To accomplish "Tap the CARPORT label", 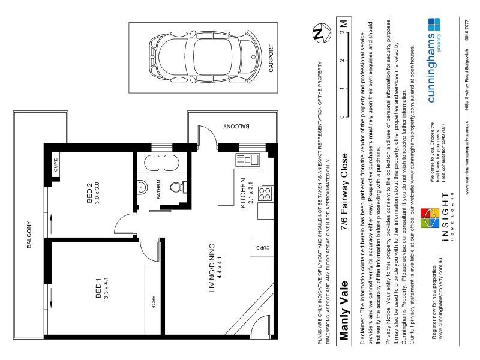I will (x=271, y=59).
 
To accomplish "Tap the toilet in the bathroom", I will (x=177, y=187).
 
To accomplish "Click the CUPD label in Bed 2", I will (x=56, y=164).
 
